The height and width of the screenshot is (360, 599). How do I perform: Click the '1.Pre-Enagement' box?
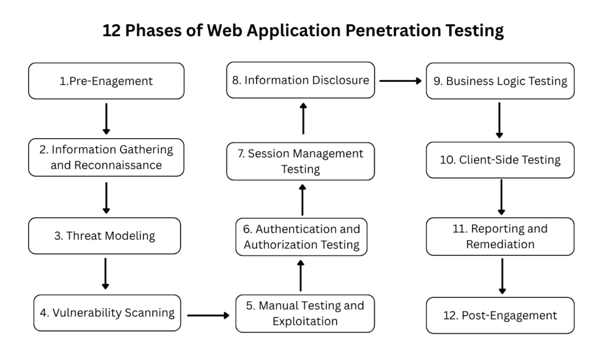[x=106, y=81]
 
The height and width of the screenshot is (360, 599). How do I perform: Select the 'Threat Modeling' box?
[x=105, y=236]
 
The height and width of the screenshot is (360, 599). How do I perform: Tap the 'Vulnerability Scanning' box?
[x=107, y=313]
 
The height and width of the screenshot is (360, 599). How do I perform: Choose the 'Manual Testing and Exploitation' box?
[x=305, y=313]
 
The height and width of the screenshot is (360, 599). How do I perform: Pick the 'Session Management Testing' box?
[x=301, y=162]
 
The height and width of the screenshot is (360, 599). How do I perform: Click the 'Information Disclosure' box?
[x=301, y=80]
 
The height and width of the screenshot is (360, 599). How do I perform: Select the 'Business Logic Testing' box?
[x=500, y=81]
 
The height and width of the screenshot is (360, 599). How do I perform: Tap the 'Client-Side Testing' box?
[x=500, y=160]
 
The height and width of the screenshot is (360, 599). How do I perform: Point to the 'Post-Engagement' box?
[x=500, y=316]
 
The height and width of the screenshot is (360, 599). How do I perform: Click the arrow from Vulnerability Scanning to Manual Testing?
[x=208, y=316]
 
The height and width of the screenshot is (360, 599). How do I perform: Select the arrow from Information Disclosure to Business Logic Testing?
[x=400, y=81]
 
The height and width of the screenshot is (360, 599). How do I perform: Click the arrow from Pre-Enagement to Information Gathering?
[x=106, y=119]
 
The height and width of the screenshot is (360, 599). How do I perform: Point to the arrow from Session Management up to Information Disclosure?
[x=304, y=118]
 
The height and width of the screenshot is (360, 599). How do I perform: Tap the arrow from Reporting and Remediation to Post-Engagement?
[x=502, y=276]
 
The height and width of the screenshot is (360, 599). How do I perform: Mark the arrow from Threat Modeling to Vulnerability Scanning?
[x=105, y=273]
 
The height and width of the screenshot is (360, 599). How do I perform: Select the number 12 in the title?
[x=112, y=30]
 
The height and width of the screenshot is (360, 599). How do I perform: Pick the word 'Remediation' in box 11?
[x=500, y=244]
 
